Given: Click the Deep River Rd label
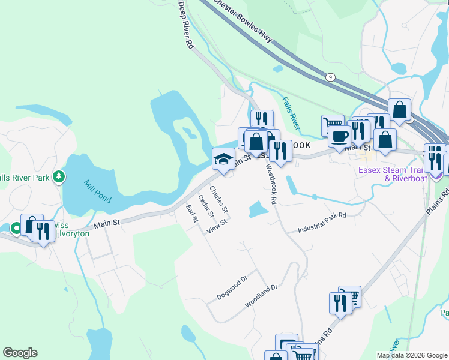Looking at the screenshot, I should click(186, 25).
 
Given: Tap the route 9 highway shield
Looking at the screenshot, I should click(330, 77).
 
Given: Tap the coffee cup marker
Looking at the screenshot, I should click(339, 136).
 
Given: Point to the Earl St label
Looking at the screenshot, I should click(191, 214).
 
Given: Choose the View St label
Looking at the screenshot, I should click(217, 227).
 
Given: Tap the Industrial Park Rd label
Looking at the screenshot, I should click(322, 223).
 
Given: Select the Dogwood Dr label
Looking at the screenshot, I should click(232, 289).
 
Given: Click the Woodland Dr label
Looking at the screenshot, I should click(261, 296).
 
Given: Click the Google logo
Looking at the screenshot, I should click(20, 353).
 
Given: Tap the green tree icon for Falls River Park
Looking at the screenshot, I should click(58, 176).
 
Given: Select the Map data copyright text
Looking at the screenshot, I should click(411, 355).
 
